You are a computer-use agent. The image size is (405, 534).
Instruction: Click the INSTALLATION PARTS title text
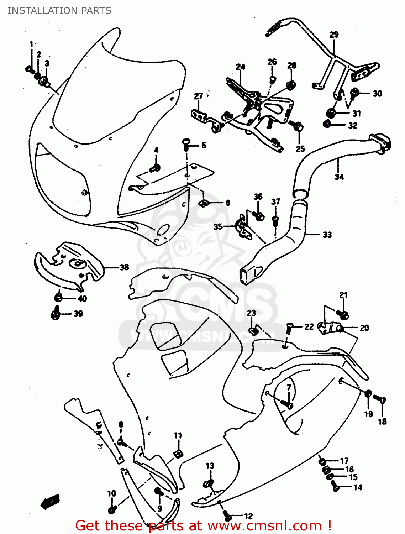coord(59,11)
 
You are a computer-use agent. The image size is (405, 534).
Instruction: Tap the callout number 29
coord(334,35)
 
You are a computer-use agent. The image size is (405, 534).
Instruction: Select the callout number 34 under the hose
coord(339,177)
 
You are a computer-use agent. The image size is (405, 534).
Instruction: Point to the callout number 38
coord(124,267)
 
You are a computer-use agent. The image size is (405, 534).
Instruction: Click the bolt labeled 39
coord(56,314)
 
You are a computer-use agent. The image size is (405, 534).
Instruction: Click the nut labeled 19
coord(368,394)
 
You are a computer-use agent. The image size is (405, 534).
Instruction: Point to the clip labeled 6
coord(203,203)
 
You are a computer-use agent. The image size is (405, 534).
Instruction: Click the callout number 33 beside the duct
coord(327,235)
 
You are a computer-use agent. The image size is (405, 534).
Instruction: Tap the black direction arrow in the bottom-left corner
coord(49,502)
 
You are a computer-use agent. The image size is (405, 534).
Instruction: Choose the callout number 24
coord(241,67)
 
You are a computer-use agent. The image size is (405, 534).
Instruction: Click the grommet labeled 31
coord(331,113)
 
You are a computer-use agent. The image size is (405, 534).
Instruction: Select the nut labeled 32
coord(327,124)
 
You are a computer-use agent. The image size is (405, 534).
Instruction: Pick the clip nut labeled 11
coord(178,453)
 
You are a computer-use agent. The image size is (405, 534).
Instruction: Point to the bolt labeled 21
coord(343,315)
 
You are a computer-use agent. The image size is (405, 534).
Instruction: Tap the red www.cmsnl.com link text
coord(264,525)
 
